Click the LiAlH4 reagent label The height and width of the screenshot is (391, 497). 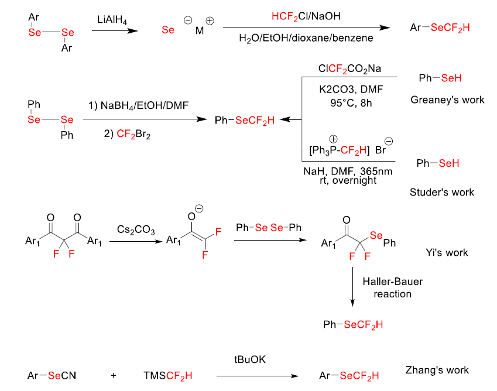[112, 20]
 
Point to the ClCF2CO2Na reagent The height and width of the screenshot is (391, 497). [349, 68]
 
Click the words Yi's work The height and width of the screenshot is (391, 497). [447, 252]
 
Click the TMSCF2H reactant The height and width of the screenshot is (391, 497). [167, 375]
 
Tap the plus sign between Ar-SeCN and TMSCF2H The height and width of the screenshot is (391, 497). [113, 375]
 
